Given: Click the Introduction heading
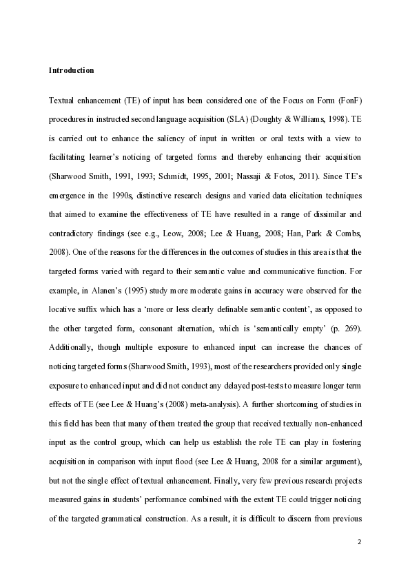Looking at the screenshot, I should point(72,70).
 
